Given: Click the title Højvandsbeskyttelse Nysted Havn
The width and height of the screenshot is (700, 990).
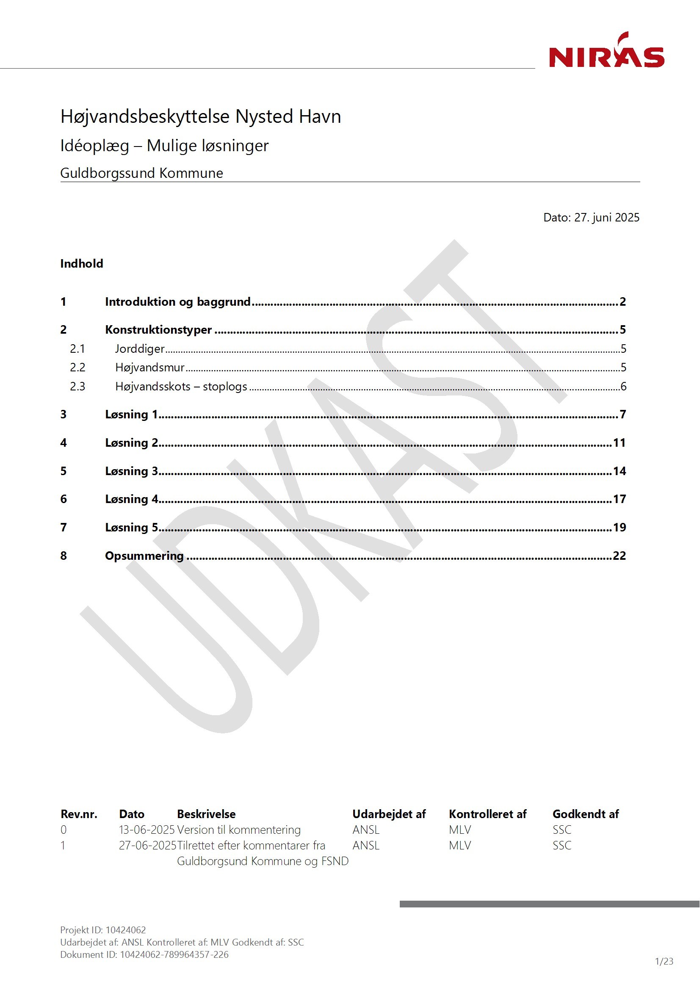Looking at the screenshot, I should click(x=201, y=116).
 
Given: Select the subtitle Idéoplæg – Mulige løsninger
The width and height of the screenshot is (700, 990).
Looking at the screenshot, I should click(x=164, y=146).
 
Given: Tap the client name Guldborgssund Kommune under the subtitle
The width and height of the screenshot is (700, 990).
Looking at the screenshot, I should click(x=141, y=173).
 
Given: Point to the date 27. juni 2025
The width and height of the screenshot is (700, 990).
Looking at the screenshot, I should click(x=606, y=217).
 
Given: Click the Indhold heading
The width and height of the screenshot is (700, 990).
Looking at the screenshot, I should click(x=81, y=263).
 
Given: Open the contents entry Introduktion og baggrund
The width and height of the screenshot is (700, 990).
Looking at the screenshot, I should click(x=178, y=301).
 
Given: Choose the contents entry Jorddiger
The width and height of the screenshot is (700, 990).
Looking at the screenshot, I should click(x=140, y=348).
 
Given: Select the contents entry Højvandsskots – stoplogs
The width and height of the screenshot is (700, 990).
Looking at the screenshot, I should click(x=181, y=386).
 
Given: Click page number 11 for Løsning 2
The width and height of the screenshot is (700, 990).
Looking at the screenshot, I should click(x=619, y=442).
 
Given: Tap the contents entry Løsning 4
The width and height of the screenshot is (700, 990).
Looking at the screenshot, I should click(x=132, y=499).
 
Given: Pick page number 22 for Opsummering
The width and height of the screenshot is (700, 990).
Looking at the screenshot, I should click(x=619, y=556).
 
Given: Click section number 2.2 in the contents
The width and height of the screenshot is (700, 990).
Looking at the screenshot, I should click(x=77, y=368).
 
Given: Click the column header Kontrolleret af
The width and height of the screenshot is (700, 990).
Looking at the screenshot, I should click(x=487, y=814).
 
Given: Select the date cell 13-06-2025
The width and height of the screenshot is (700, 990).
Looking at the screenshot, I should click(x=147, y=830).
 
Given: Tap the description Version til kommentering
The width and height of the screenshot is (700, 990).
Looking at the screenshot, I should click(x=239, y=830).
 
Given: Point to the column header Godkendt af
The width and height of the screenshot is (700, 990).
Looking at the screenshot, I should click(x=585, y=814).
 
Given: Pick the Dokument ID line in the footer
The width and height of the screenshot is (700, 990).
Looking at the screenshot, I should click(x=144, y=954).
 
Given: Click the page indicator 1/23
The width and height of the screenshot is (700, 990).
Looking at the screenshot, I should click(x=664, y=961).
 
